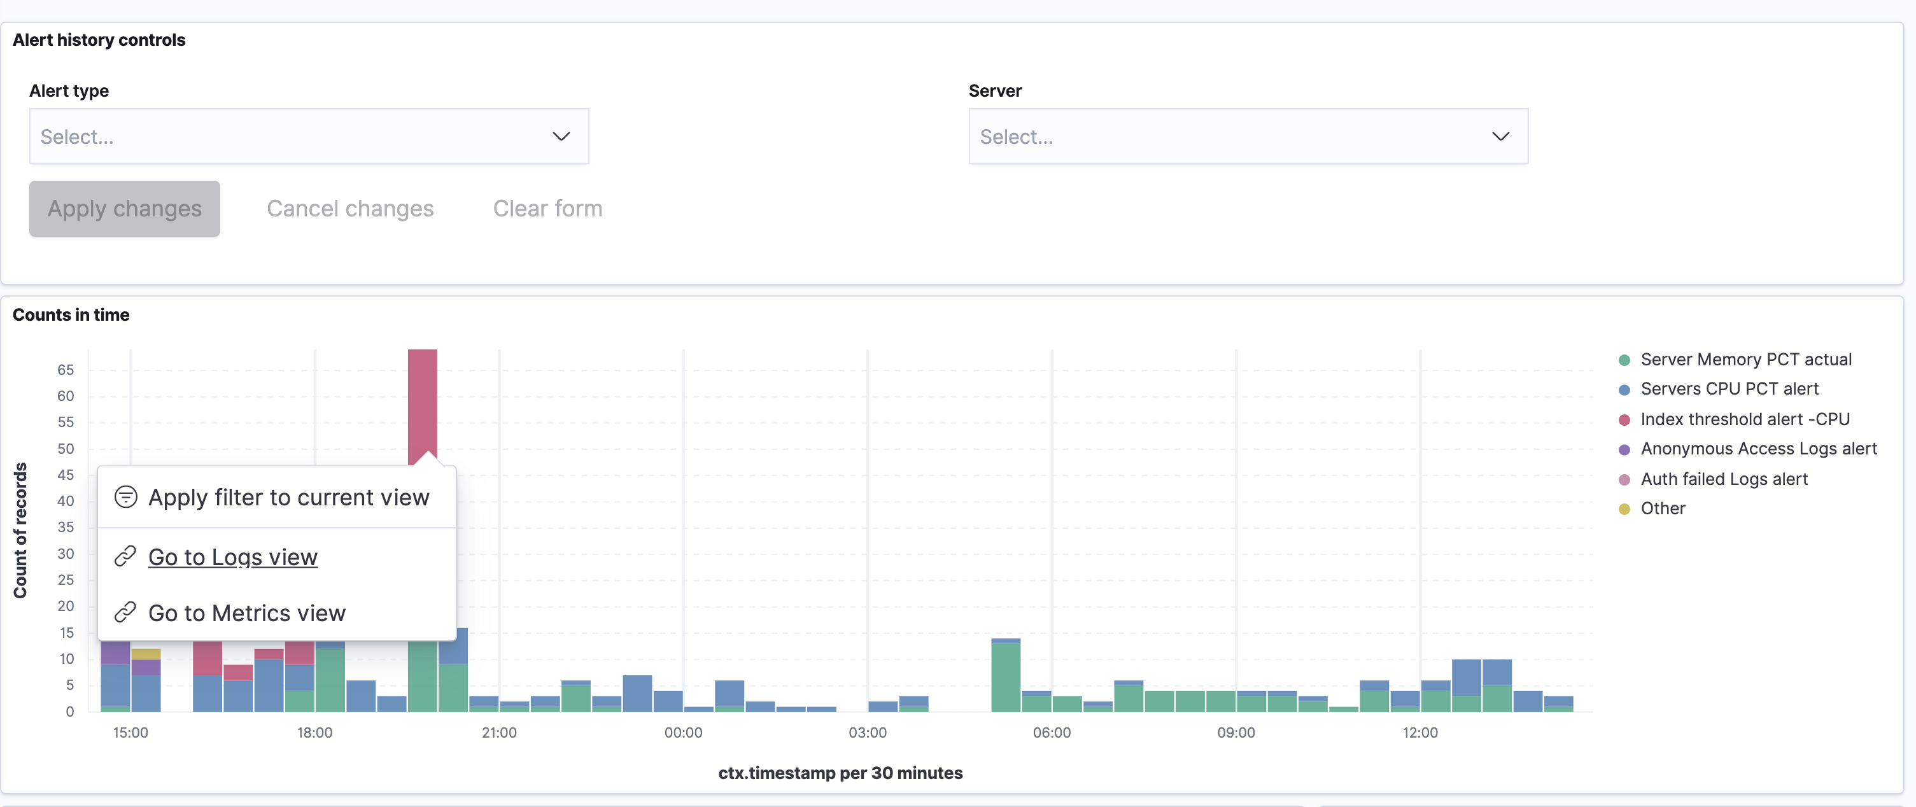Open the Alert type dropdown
(x=309, y=137)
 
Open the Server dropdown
(x=1248, y=137)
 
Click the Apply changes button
(x=124, y=209)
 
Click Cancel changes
(x=349, y=209)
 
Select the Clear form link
(x=547, y=209)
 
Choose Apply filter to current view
(x=288, y=498)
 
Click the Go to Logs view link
(x=232, y=557)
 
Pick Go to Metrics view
(x=246, y=614)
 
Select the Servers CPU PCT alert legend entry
(x=1729, y=389)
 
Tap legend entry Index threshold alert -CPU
(x=1744, y=419)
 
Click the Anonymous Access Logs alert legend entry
(x=1758, y=449)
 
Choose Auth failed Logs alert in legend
(x=1723, y=480)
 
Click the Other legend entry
(x=1663, y=509)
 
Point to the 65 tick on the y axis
(x=66, y=370)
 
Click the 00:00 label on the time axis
(x=683, y=733)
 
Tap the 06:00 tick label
(x=1051, y=733)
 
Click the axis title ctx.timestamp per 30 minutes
(x=840, y=773)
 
